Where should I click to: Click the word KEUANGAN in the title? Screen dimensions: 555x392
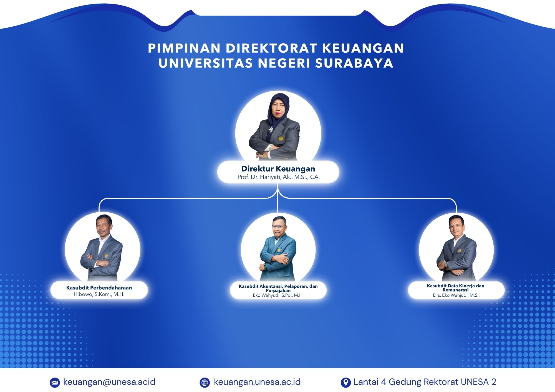point(363,48)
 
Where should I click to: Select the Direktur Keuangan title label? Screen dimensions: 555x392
point(278,169)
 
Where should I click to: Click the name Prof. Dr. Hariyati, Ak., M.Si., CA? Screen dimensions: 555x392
point(279,177)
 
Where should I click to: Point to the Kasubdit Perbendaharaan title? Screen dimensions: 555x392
point(99,288)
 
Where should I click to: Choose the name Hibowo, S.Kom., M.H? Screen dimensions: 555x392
point(99,294)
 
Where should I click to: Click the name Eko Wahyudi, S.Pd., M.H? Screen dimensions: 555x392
point(278,295)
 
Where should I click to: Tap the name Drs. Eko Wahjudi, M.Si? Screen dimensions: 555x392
point(456,295)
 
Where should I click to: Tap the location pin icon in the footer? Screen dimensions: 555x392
point(345,383)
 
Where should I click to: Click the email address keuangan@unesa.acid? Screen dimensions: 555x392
point(109,382)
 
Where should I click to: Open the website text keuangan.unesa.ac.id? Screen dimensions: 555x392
point(257,382)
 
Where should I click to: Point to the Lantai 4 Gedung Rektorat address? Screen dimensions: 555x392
point(425,382)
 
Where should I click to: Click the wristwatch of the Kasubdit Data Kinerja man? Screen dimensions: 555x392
point(446,264)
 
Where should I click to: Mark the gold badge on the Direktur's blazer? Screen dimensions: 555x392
point(281,138)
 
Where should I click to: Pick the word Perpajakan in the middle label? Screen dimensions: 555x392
point(278,291)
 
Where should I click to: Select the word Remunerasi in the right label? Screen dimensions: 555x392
point(455,290)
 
